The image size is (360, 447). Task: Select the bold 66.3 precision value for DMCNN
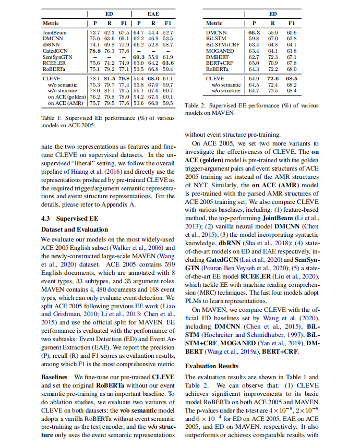254,33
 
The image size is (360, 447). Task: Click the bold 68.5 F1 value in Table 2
292,78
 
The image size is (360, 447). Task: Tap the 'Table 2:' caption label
196,105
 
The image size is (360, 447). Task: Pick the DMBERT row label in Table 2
217,57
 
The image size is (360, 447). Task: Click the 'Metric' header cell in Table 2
214,23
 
